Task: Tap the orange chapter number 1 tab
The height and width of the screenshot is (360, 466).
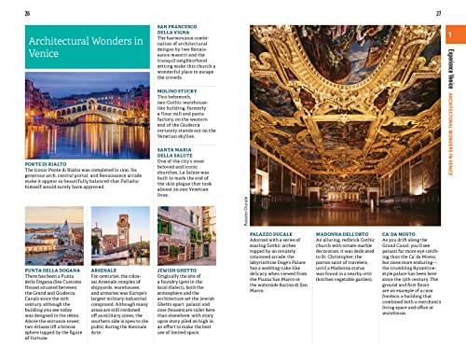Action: [452, 36]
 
